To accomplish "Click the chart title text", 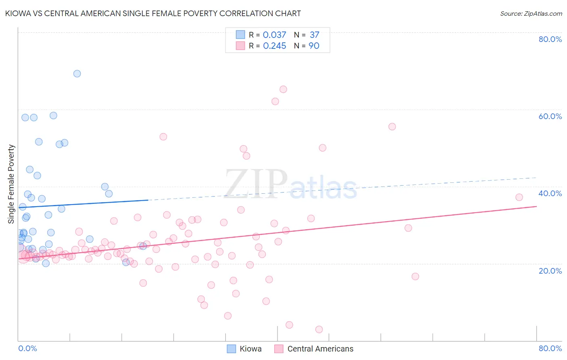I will (x=153, y=13).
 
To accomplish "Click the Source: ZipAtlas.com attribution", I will (x=531, y=13).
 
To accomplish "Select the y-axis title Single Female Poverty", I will (x=11, y=184).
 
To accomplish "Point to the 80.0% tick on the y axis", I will (x=550, y=39).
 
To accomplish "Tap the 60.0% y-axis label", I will (x=550, y=116).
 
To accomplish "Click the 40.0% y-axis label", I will (x=550, y=193).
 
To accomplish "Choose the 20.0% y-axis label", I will (x=550, y=270).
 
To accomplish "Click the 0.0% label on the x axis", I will (x=27, y=348).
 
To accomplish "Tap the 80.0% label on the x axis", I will (x=550, y=348).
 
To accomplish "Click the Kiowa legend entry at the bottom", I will (x=244, y=349).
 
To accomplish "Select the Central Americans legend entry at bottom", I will (x=314, y=349).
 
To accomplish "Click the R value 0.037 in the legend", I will (x=274, y=35).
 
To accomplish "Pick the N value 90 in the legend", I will (x=314, y=46).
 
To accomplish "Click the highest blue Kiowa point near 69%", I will (x=77, y=73).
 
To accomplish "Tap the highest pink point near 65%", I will (x=283, y=89).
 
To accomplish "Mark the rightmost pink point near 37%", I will (x=519, y=197).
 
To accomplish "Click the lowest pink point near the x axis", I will (x=319, y=329).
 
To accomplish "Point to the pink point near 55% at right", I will (x=392, y=127).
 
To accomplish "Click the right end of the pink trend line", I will (x=536, y=206).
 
